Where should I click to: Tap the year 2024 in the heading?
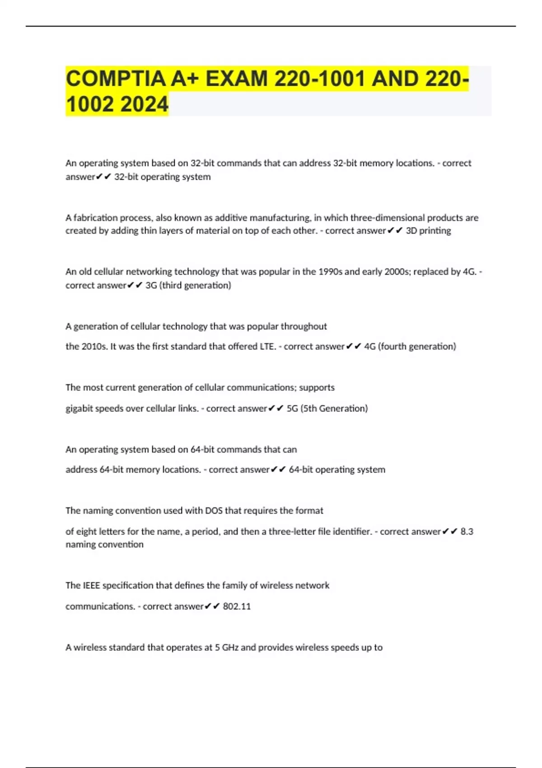(145, 104)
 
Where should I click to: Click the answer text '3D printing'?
(428, 230)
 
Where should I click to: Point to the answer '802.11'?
(237, 606)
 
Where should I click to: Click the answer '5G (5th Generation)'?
(327, 408)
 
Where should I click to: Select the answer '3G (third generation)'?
(188, 285)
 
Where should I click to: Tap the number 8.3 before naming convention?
(467, 531)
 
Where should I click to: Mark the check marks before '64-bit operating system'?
(278, 470)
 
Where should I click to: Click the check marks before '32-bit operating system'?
(103, 177)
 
